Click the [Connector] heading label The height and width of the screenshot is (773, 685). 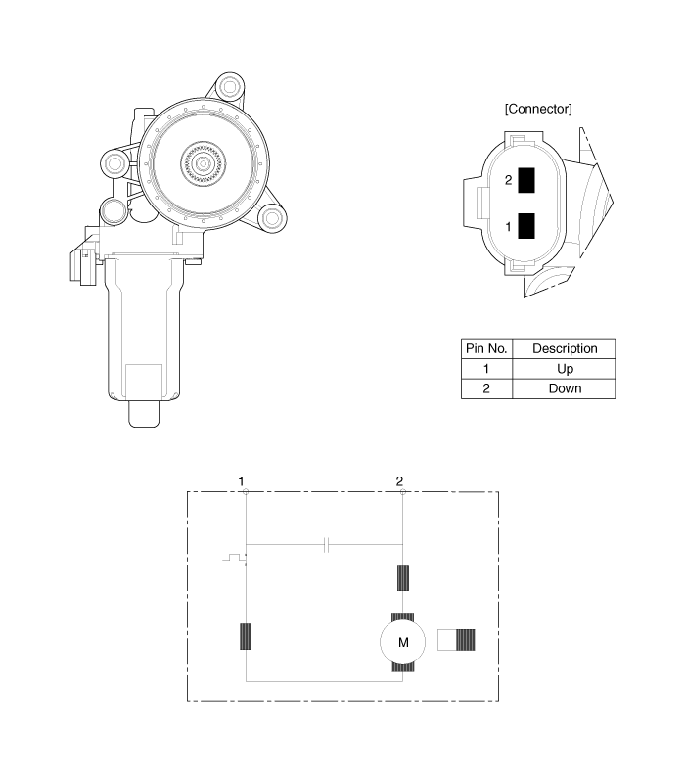coord(538,109)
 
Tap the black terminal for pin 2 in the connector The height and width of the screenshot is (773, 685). coord(526,180)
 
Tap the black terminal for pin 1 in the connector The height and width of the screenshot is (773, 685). coord(526,226)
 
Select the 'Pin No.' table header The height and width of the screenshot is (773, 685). coord(486,348)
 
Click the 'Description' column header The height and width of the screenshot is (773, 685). coord(565,348)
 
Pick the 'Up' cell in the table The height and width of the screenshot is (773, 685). coord(565,369)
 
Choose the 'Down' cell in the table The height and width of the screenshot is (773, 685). coord(565,388)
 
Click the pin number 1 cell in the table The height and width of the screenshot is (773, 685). coord(486,369)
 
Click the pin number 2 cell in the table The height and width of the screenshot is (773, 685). coord(486,388)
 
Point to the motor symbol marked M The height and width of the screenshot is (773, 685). coord(403,642)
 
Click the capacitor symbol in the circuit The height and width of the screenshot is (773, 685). coord(326,545)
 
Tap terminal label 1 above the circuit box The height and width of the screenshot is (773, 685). coord(241,481)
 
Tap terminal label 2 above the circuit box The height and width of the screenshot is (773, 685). coord(399,481)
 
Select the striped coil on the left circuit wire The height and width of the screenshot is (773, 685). coord(246,636)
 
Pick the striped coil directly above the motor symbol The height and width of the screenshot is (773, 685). coord(403,577)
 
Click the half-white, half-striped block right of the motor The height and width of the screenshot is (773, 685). coord(456,639)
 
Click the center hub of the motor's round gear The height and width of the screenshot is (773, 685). coord(203,162)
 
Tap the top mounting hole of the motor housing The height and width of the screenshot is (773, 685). coord(229,87)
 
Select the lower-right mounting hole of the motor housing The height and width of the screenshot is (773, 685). coord(272,217)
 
